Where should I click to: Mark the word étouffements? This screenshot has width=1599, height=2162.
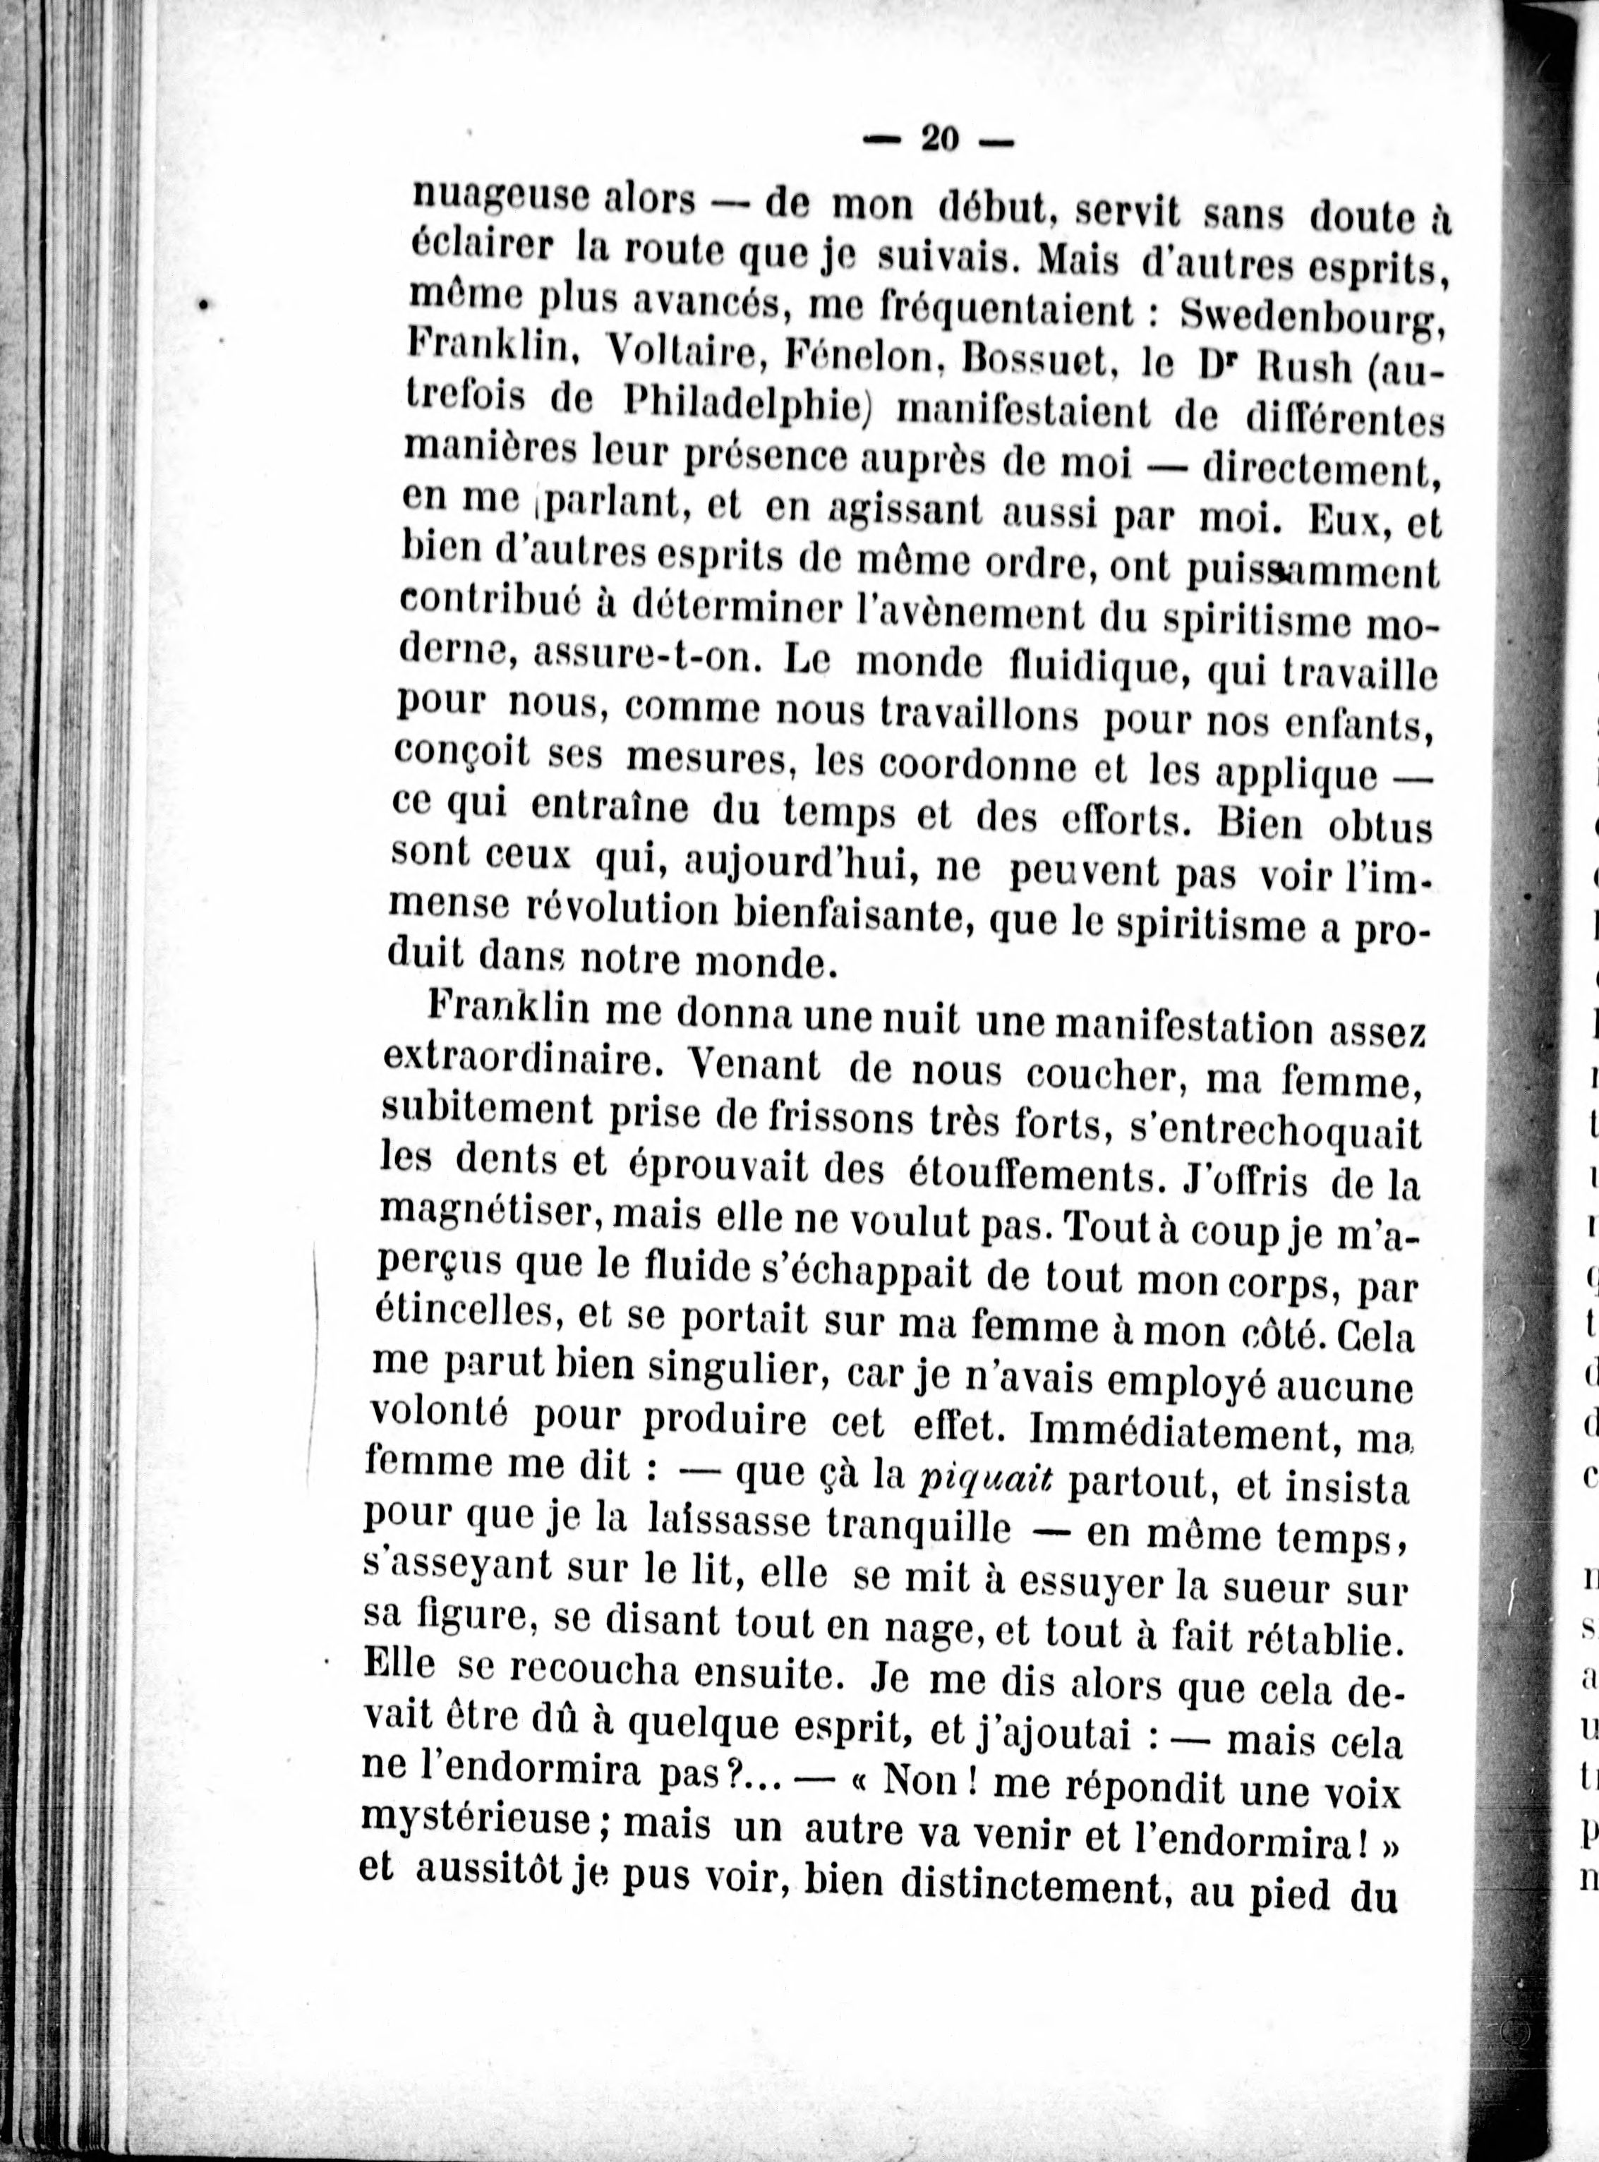tap(1037, 1172)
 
